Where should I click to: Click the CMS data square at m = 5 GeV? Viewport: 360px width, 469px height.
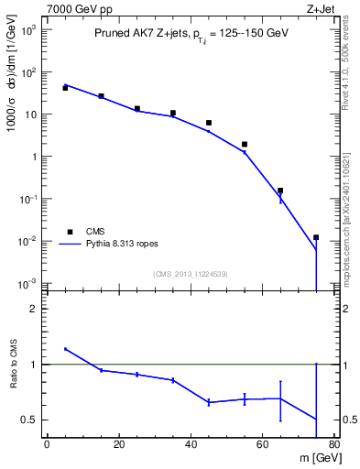[x=65, y=88]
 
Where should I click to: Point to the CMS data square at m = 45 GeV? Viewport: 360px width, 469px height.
[x=209, y=123]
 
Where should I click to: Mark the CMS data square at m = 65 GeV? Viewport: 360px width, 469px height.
[x=280, y=191]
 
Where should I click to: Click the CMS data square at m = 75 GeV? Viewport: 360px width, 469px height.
[x=316, y=237]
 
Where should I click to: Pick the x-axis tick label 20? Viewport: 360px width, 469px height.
[x=119, y=446]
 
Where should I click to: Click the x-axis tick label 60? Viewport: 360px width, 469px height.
[x=263, y=446]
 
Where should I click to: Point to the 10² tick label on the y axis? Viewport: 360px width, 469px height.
[x=28, y=71]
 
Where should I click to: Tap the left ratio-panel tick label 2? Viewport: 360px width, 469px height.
[x=33, y=309]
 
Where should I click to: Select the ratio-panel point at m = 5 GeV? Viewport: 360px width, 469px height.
[x=65, y=348]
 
